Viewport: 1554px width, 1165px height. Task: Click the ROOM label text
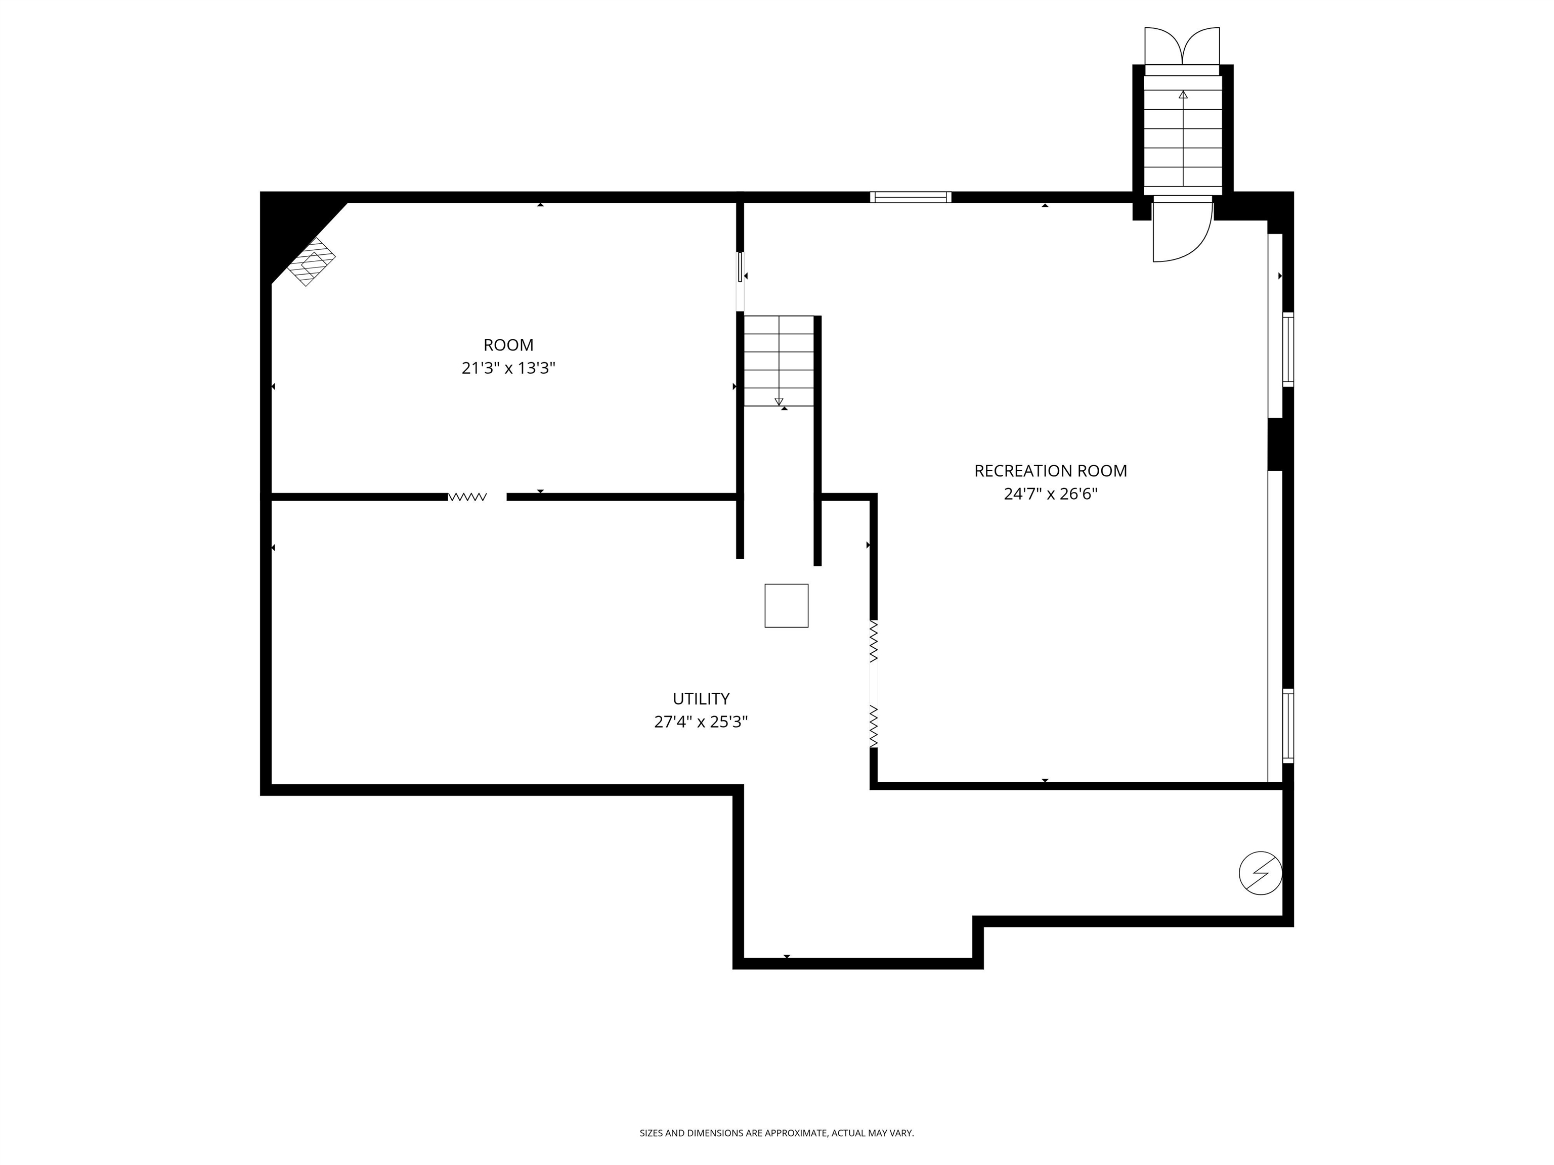pyautogui.click(x=508, y=345)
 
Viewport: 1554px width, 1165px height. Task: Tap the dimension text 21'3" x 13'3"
pyautogui.click(x=508, y=368)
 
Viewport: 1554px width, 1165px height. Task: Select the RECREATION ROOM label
pyautogui.click(x=1050, y=470)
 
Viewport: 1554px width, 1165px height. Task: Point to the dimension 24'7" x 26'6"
pyautogui.click(x=1050, y=494)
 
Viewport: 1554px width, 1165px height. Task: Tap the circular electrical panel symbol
pyautogui.click(x=1260, y=873)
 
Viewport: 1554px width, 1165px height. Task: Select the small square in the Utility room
pyautogui.click(x=786, y=605)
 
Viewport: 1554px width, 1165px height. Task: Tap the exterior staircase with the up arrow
pyautogui.click(x=1182, y=133)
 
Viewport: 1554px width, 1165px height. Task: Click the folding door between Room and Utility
pyautogui.click(x=468, y=497)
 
